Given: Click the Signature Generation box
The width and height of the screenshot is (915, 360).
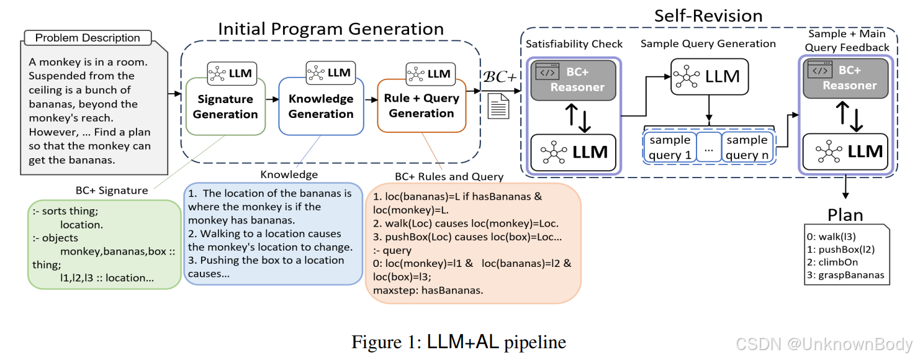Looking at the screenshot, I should [225, 106].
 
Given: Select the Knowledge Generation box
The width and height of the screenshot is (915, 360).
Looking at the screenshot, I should [321, 106].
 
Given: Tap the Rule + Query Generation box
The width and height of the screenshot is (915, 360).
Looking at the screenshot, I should [421, 106].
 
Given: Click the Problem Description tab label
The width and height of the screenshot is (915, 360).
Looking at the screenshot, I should [87, 38].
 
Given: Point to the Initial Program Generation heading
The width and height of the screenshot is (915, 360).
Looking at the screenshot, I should [330, 29].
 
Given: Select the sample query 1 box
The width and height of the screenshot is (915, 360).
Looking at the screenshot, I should [670, 147].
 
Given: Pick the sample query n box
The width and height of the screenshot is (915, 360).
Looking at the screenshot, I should [747, 147].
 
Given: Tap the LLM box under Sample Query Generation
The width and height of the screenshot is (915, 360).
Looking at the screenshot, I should [708, 76].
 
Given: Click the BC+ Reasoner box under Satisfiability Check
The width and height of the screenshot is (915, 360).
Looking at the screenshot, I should [573, 80].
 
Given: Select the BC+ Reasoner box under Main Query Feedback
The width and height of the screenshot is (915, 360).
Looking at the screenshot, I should [845, 79].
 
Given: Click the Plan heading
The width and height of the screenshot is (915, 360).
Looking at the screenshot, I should [845, 215].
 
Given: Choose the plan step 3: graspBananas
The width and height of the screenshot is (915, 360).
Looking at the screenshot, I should [845, 275].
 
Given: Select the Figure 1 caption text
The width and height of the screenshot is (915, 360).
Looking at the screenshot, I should [458, 342].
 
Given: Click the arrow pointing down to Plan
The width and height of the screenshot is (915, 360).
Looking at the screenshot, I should [845, 188].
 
